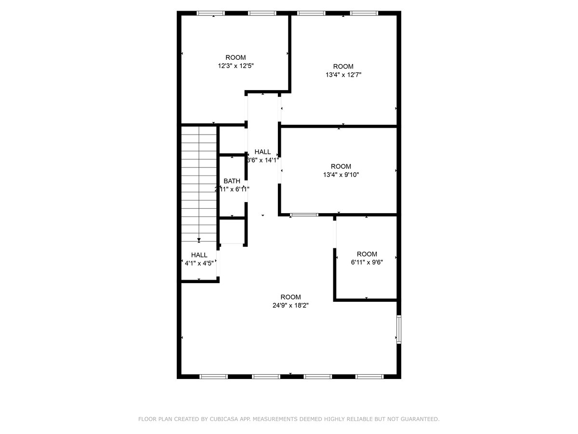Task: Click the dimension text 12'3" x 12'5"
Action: (x=236, y=66)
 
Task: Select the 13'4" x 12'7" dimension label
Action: (x=343, y=75)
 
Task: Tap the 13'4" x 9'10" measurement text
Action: (x=341, y=175)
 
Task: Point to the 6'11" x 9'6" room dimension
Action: (x=367, y=263)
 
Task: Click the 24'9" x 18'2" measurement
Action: (x=290, y=305)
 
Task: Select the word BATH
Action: (x=232, y=181)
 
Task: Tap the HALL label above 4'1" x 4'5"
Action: (x=199, y=255)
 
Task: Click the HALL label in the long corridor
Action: (x=263, y=151)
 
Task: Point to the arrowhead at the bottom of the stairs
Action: (x=199, y=239)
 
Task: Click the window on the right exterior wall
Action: (x=398, y=329)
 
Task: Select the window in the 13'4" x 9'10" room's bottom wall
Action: (x=304, y=215)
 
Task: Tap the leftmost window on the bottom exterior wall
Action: (x=213, y=376)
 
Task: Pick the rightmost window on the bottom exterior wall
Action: (x=369, y=376)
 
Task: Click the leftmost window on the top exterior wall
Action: (x=211, y=13)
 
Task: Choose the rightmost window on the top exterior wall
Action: (x=364, y=13)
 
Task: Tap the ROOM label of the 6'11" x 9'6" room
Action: (x=367, y=254)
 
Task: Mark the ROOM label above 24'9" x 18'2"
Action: (x=290, y=297)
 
